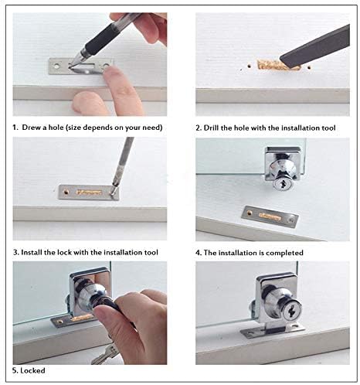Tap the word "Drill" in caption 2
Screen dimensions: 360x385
point(211,128)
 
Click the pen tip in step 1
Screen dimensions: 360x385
point(70,65)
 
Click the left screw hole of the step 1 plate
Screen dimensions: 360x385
point(56,66)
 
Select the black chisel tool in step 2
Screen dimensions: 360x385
point(315,48)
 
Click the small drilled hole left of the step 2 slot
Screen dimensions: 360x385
point(249,66)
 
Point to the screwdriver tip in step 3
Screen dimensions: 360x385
point(113,192)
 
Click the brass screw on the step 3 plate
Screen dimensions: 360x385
point(66,191)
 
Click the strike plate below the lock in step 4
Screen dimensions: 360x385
point(270,216)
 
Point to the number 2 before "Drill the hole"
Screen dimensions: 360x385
point(198,128)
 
